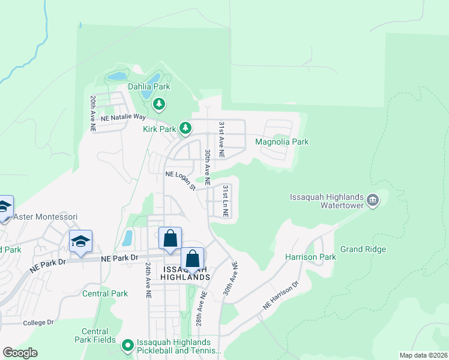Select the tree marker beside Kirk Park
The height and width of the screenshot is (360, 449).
click(186, 128)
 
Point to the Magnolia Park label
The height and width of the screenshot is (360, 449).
click(282, 142)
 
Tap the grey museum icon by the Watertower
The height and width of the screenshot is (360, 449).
click(373, 200)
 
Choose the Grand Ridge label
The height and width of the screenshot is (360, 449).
click(363, 249)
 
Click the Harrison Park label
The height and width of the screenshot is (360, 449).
click(310, 257)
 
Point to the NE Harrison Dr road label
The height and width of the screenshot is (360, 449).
click(280, 296)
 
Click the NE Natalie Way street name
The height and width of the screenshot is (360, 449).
click(124, 117)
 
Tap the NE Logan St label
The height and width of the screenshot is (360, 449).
click(181, 179)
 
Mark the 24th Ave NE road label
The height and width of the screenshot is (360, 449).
click(147, 280)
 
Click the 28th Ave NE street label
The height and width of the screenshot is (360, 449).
click(203, 308)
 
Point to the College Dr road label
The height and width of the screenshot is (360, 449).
click(38, 322)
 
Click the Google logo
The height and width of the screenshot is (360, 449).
click(20, 353)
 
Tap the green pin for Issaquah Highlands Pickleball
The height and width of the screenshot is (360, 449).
click(127, 346)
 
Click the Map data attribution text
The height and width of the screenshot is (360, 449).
click(424, 355)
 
